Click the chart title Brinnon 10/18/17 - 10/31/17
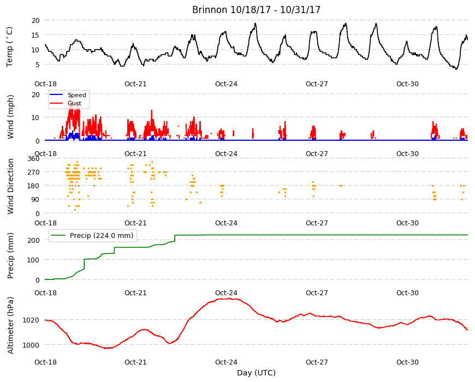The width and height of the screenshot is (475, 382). [256, 10]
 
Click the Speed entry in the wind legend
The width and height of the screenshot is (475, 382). [76, 95]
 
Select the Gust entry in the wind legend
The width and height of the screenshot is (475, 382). [74, 103]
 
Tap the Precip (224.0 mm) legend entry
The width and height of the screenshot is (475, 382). [102, 236]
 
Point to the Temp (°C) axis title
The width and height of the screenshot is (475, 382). [10, 46]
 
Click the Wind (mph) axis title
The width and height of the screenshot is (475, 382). [10, 117]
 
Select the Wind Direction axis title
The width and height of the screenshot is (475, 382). [10, 186]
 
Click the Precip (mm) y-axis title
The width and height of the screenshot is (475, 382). [10, 255]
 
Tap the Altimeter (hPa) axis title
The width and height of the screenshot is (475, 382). [10, 325]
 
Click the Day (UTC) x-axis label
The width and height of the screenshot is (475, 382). [256, 373]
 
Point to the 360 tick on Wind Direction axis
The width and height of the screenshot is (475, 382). [33, 159]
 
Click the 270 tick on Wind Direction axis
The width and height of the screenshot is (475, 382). [33, 172]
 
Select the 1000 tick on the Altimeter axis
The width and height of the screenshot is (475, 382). [31, 345]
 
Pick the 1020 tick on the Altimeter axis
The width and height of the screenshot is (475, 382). [31, 320]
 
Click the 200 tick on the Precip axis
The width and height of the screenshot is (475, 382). [33, 240]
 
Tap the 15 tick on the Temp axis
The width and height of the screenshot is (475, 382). [35, 35]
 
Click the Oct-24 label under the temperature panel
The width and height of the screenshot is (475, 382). [226, 84]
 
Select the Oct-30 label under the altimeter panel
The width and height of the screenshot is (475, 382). [407, 362]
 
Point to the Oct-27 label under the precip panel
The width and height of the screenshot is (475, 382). [317, 293]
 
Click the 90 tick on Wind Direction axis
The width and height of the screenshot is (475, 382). [35, 200]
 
